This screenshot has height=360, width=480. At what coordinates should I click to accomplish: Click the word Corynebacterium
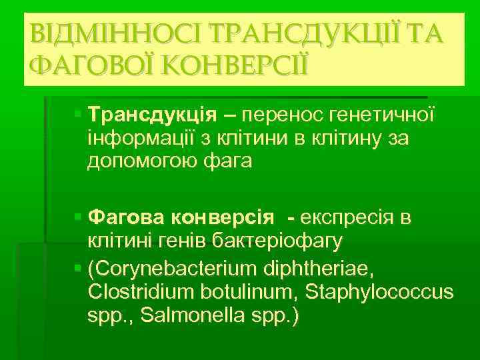pyautogui.click(x=175, y=269)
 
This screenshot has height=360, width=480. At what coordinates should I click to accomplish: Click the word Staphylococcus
pyautogui.click(x=380, y=292)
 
